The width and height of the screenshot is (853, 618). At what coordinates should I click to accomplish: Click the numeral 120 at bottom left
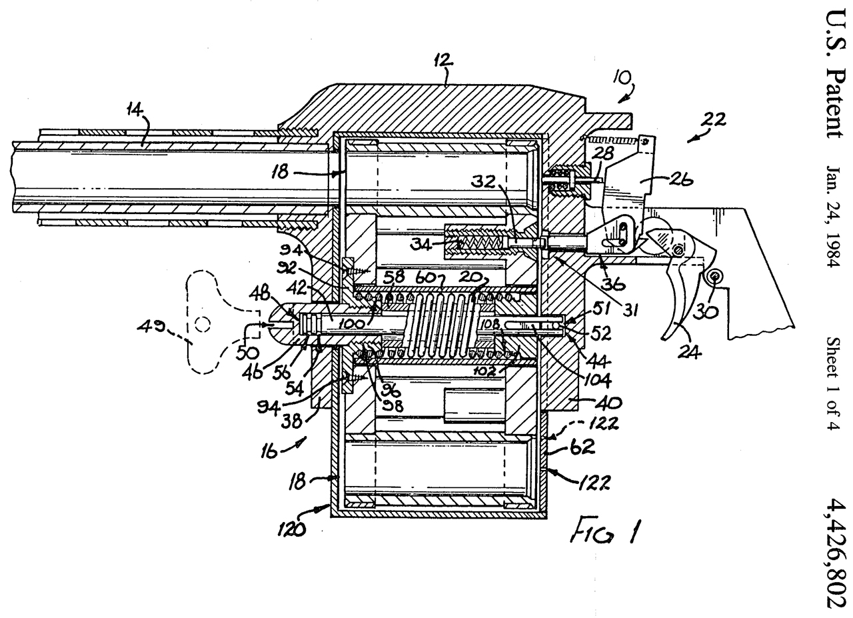pos(291,529)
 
